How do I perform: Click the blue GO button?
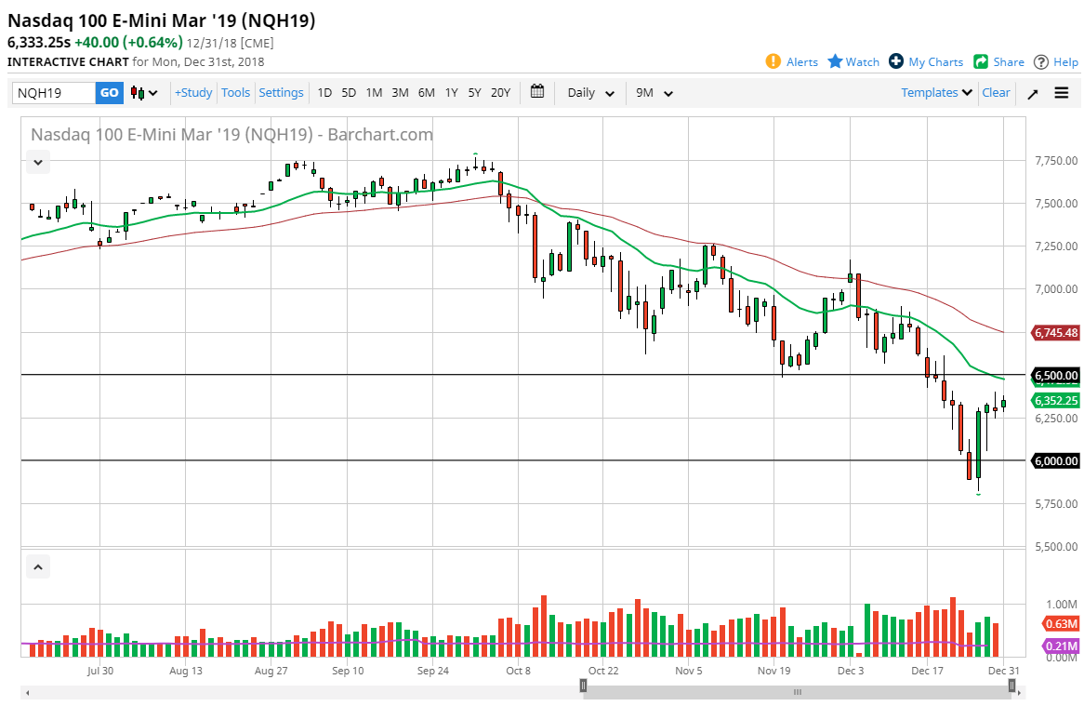click(x=109, y=93)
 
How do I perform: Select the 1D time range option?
click(x=324, y=93)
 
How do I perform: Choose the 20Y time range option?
click(x=500, y=93)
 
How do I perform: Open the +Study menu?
click(x=193, y=93)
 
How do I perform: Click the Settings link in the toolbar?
click(x=281, y=93)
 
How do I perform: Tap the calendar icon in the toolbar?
click(x=537, y=92)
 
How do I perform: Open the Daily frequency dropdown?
click(x=591, y=93)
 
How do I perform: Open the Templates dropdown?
click(x=937, y=93)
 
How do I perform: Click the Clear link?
click(x=996, y=93)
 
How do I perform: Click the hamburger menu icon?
click(x=1062, y=93)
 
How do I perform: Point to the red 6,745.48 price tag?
click(x=1055, y=332)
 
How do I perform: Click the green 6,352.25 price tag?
click(x=1055, y=401)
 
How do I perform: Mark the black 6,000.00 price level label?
click(x=1055, y=460)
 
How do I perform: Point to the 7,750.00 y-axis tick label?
click(x=1055, y=161)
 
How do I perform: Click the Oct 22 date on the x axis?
click(x=603, y=670)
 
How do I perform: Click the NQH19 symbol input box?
click(x=54, y=93)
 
